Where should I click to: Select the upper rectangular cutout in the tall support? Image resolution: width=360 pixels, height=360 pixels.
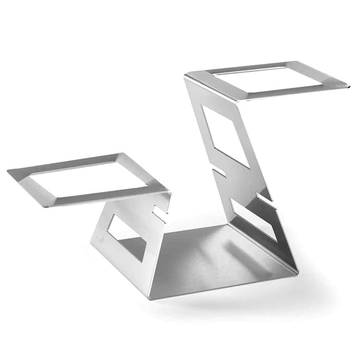point(225,135)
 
